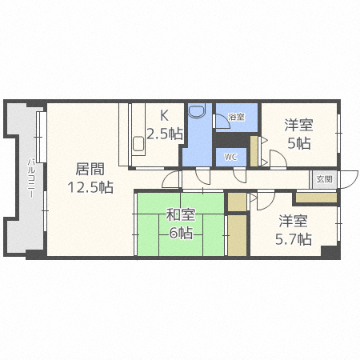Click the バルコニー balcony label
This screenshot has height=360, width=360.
pos(31,178)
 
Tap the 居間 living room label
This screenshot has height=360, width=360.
pos(90,169)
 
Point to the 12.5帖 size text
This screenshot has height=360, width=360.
pos(90,187)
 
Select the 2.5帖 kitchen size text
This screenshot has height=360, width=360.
pos(165,134)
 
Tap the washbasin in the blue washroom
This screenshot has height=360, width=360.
pos(197,110)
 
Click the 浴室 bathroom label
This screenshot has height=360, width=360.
pos(236,117)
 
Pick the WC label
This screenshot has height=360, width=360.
pos(230,157)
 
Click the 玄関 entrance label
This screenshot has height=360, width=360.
pos(325,179)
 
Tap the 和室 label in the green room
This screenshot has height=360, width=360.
pos(181,214)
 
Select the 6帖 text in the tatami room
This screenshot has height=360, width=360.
pos(181,233)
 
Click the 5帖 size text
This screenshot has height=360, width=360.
pos(299,143)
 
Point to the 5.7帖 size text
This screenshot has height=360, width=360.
pos(294,239)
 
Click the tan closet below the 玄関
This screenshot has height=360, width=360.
pos(317,198)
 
